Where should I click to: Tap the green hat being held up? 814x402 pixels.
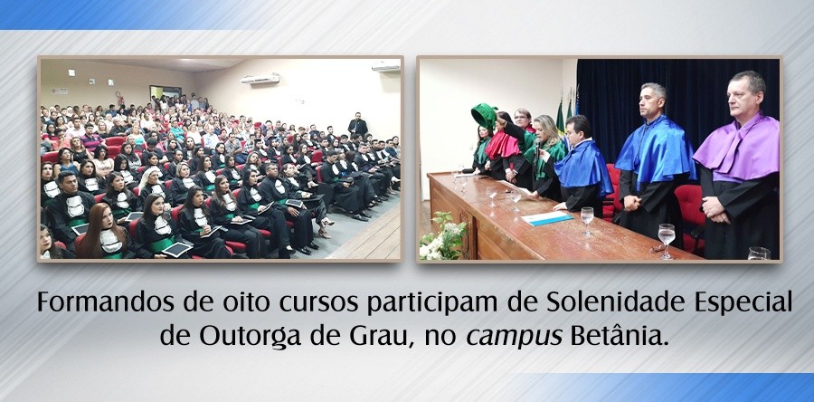(485, 116)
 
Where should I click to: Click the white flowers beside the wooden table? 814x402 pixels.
(442, 237)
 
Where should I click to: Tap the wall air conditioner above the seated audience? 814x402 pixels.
(260, 79)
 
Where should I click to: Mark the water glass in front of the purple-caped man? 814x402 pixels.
(667, 237)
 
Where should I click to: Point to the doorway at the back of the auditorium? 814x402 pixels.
(166, 94)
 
